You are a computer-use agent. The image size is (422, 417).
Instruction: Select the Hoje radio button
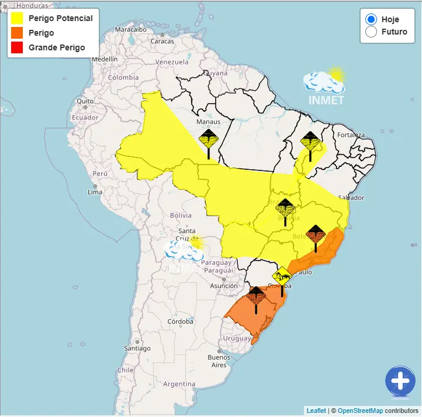tap(371, 19)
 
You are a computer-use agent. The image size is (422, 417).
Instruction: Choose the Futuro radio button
tap(371, 32)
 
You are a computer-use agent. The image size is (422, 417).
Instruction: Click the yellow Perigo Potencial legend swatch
tap(16, 19)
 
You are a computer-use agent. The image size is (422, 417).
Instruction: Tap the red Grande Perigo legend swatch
tap(16, 47)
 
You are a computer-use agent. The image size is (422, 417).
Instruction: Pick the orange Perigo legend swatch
tap(16, 33)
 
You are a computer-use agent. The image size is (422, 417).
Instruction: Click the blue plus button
tap(400, 381)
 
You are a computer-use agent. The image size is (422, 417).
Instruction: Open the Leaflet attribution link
tap(316, 411)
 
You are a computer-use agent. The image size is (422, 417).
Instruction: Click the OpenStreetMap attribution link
tap(359, 411)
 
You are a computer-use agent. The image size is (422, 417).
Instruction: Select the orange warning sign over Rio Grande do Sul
tap(256, 296)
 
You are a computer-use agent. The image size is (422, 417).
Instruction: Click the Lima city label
tap(95, 192)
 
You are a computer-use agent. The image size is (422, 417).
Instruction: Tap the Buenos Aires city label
tap(219, 361)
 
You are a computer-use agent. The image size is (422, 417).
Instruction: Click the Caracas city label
tap(162, 41)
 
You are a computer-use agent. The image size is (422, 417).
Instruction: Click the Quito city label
tap(85, 101)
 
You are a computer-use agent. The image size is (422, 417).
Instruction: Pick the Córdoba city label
tap(180, 322)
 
